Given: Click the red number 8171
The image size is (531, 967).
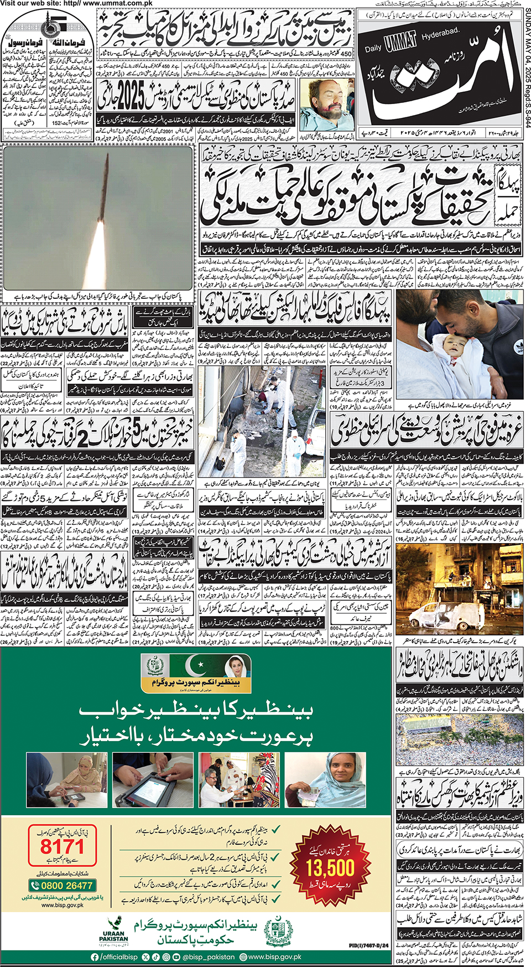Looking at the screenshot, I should [x=61, y=847].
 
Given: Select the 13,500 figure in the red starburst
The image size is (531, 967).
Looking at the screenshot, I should [x=330, y=867].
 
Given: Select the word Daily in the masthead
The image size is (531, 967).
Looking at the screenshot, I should [x=373, y=48].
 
